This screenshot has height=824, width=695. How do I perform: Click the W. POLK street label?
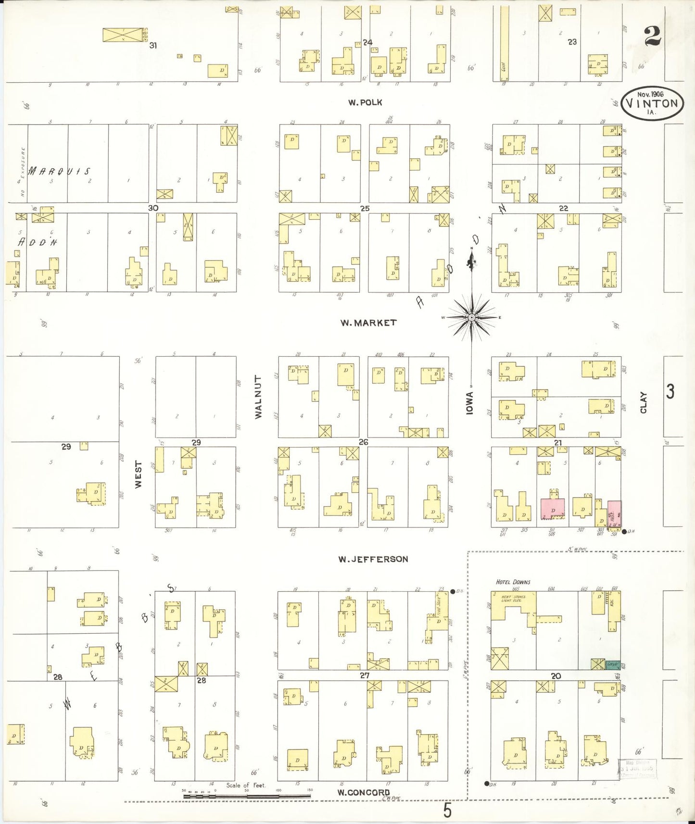tap(365, 102)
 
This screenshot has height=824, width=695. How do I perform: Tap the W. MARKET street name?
tap(368, 323)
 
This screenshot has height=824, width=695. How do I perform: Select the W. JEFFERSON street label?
tap(373, 559)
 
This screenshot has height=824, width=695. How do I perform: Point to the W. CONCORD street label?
tap(363, 792)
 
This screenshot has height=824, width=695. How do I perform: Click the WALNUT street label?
tap(259, 397)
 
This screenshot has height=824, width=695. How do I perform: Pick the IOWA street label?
tap(470, 402)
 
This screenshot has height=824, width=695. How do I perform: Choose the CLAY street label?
tap(644, 402)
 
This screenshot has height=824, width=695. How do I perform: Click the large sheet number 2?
tap(652, 36)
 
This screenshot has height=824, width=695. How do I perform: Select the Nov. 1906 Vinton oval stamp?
tap(652, 103)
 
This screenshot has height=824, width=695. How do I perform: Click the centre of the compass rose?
tap(472, 317)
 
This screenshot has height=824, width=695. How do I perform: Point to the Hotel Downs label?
tap(513, 582)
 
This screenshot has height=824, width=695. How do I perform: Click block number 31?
tap(153, 45)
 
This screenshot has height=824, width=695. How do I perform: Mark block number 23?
tap(572, 42)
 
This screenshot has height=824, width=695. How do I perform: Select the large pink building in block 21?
tap(553, 509)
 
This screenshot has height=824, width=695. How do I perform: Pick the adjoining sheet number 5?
tap(447, 811)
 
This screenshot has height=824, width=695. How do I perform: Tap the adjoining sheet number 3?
tap(670, 392)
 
